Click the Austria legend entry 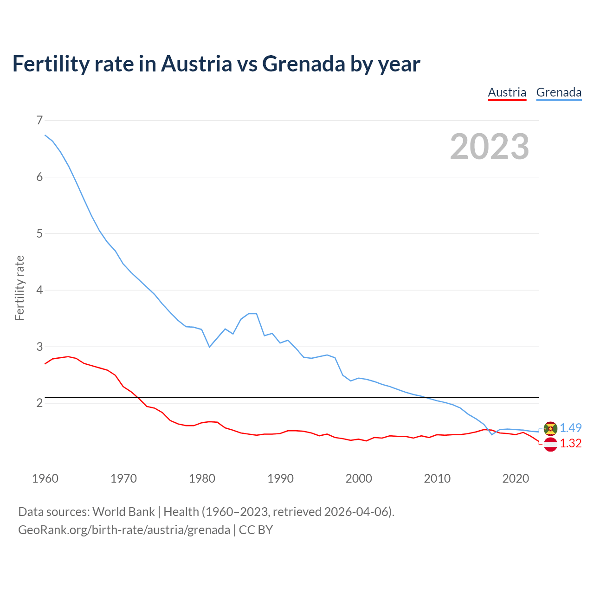(x=507, y=92)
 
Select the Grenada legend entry (x=559, y=92)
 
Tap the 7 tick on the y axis (x=39, y=120)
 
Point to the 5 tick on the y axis (x=39, y=233)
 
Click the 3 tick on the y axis (x=39, y=347)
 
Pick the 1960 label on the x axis (x=45, y=478)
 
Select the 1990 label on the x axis (x=280, y=478)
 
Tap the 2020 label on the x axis (x=516, y=478)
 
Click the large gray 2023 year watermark (x=489, y=147)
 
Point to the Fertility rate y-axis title (x=19, y=288)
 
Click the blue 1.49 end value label (x=570, y=428)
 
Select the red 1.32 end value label (x=570, y=444)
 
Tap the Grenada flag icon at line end (x=550, y=428)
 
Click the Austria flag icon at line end (x=550, y=444)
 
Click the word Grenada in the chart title (x=303, y=64)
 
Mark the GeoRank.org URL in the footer (x=124, y=529)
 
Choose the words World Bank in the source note (x=123, y=511)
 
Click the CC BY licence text (x=256, y=529)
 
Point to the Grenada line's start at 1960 (x=45, y=135)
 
